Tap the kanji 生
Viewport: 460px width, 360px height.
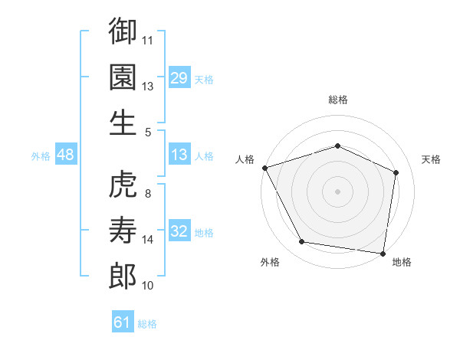[123, 122]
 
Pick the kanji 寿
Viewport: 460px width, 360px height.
[123, 229]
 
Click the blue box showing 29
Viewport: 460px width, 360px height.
[179, 77]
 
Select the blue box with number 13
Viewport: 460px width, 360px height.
[179, 155]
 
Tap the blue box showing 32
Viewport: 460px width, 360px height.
[179, 231]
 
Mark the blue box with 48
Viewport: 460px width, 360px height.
[66, 155]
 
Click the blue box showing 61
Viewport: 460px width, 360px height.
[123, 322]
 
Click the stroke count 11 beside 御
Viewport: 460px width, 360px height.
[149, 39]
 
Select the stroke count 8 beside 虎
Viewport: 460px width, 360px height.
[148, 194]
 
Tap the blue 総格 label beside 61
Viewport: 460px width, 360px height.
[147, 324]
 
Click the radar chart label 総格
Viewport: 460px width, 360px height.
[337, 100]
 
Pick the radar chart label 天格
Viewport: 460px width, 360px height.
[432, 159]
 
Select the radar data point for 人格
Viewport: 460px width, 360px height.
[264, 167]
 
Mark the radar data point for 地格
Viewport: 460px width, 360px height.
[383, 253]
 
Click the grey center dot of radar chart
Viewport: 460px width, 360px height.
[337, 191]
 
